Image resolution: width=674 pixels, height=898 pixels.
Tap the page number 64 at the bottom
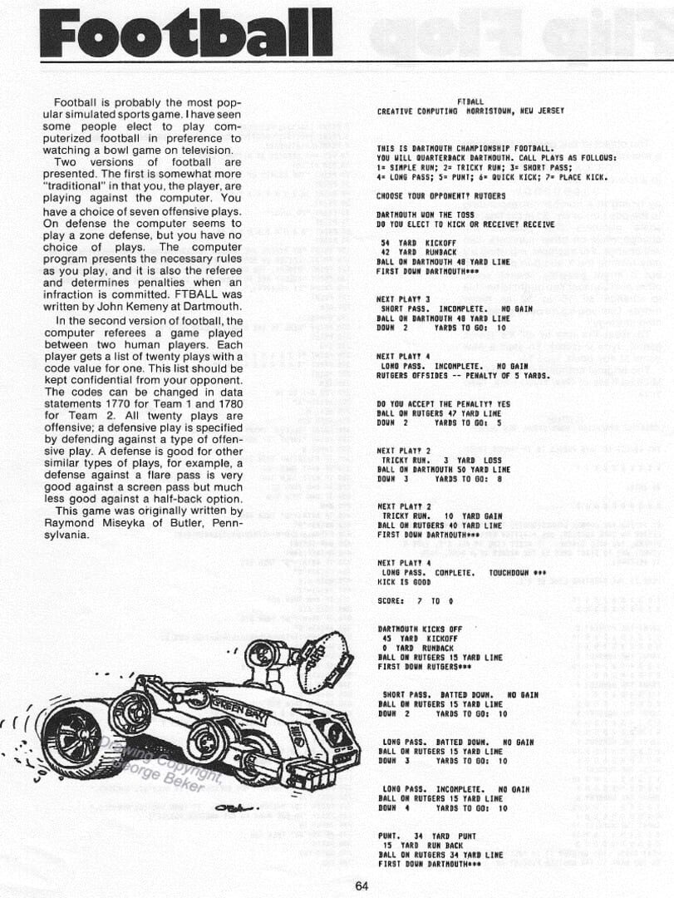point(361,886)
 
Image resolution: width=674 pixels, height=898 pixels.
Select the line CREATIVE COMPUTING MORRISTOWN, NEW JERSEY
point(470,111)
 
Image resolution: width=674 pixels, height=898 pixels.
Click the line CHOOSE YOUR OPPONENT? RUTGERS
point(429,195)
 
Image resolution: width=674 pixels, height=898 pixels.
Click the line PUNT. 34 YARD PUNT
point(426,836)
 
